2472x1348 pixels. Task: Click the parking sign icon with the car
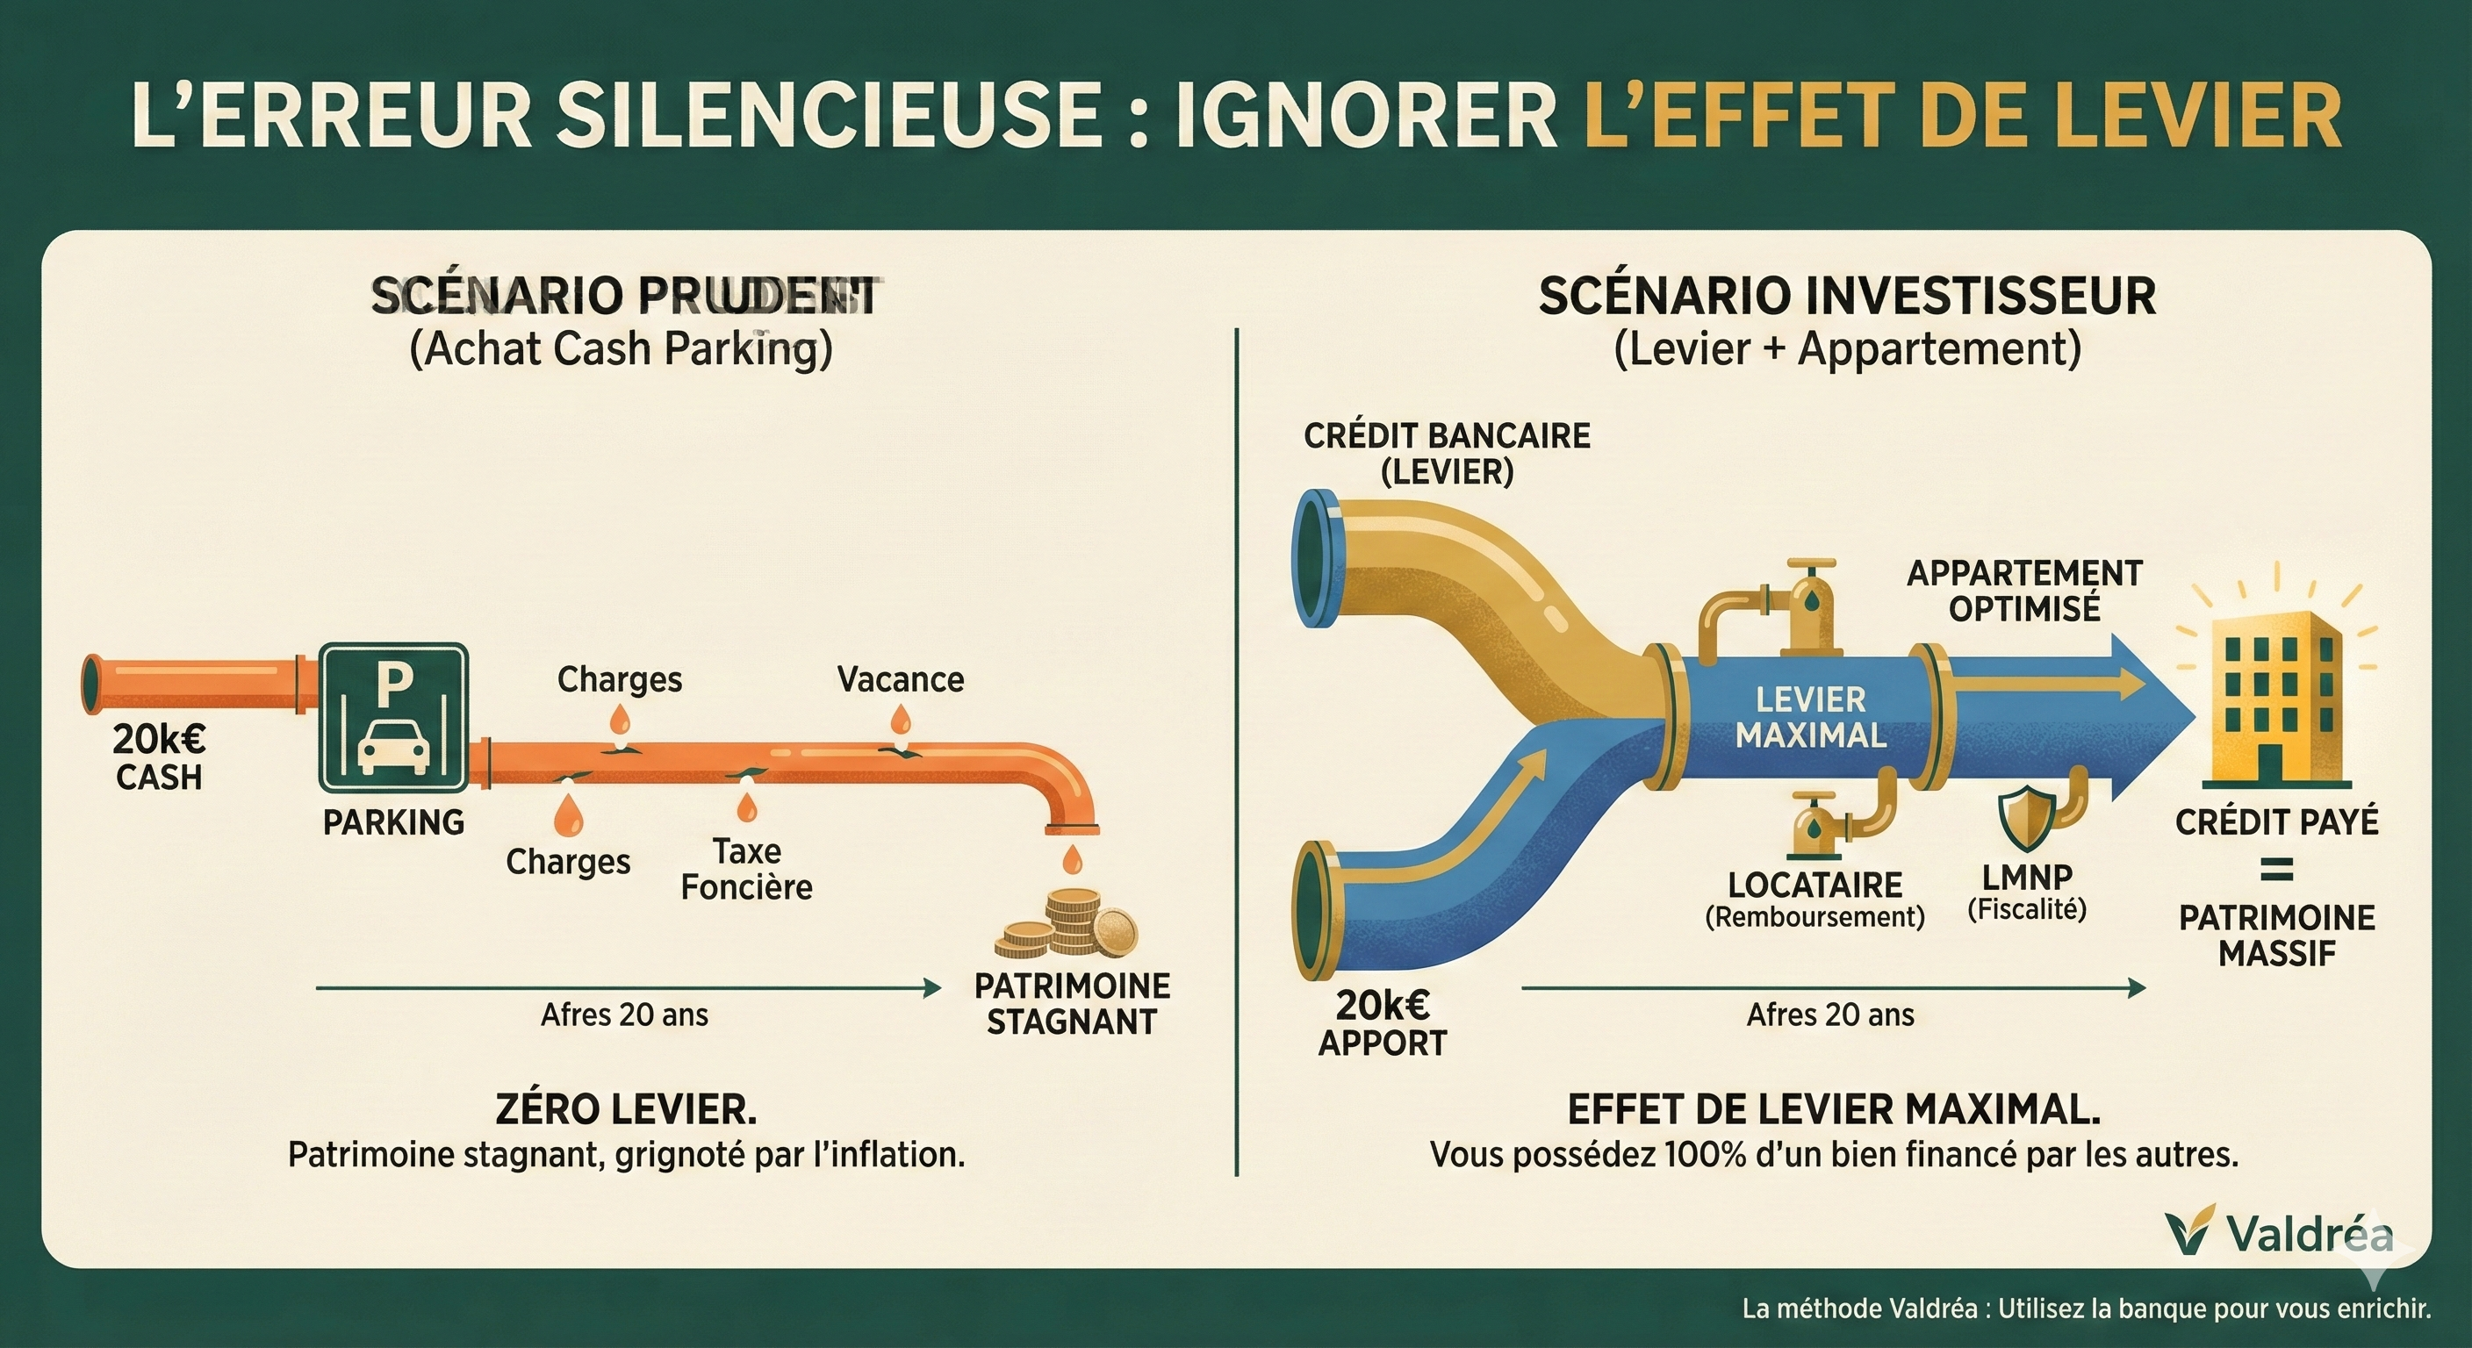point(393,717)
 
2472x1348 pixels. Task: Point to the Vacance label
point(900,679)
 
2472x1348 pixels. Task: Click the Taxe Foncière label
point(746,868)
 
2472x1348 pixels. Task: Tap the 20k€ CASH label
point(158,757)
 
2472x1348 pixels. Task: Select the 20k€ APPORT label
point(1382,1023)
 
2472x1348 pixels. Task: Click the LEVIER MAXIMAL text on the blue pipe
point(1810,717)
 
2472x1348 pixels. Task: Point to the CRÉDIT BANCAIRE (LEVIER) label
point(1446,453)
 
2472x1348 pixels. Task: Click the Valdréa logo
point(2278,1234)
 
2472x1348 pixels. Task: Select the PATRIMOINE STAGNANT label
point(1072,1004)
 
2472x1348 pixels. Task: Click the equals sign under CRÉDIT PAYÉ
point(2276,871)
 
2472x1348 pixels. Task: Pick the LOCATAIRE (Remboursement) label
point(1814,899)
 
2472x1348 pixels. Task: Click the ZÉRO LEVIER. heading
point(626,1109)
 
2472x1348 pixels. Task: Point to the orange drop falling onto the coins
point(1073,858)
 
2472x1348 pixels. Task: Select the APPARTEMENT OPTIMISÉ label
point(2023,590)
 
